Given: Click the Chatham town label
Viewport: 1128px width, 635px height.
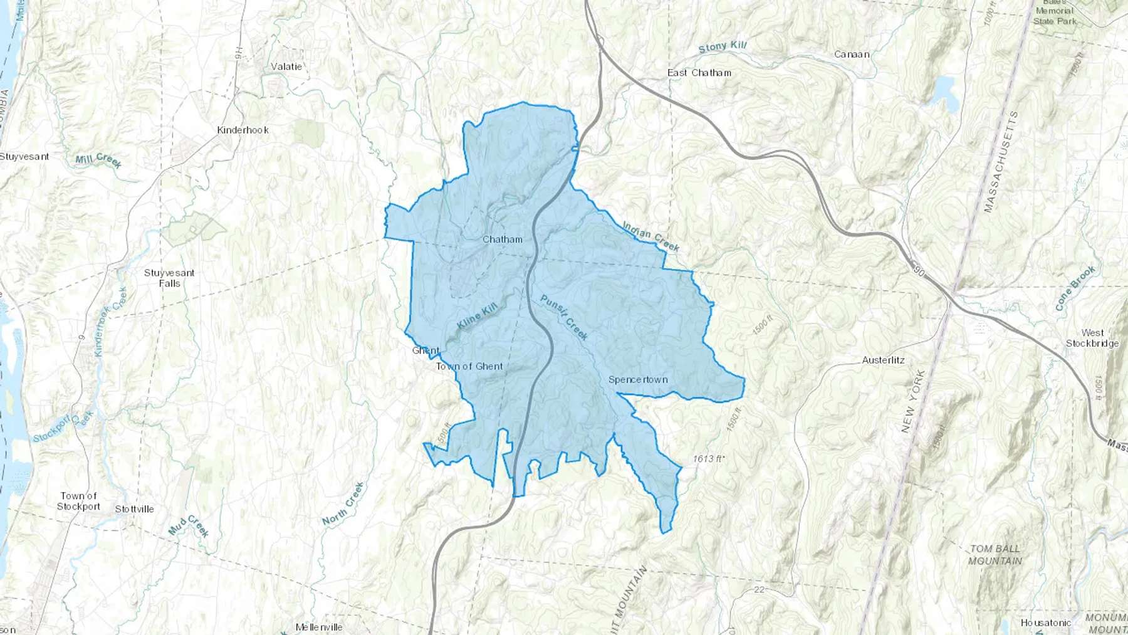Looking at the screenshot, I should (x=503, y=239).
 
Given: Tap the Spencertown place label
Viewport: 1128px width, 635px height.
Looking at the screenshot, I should (x=638, y=380).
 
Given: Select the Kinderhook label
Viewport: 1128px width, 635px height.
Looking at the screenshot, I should (x=243, y=130).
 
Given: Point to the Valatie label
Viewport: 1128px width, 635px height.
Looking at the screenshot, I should (x=286, y=66).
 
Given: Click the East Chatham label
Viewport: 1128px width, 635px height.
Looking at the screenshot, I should (x=699, y=73).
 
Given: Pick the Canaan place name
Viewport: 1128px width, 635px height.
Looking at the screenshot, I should (x=852, y=55).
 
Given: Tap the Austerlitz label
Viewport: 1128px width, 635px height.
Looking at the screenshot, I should (x=883, y=360).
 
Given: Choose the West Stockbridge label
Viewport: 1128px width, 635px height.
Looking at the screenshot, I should (x=1092, y=338).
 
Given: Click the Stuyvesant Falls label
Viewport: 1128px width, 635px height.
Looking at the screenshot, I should (x=169, y=278).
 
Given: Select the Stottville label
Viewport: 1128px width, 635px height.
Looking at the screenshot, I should (x=134, y=509).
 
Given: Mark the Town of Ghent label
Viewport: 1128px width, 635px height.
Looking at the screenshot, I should (x=469, y=367).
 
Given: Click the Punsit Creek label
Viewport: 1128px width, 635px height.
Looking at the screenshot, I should (x=564, y=317).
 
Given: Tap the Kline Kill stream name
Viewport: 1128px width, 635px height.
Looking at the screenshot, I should (x=477, y=315).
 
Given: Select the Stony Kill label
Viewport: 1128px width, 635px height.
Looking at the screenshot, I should (x=723, y=47).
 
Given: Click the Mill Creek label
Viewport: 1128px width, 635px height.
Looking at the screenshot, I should (x=98, y=160).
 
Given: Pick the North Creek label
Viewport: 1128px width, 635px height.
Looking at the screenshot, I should (x=343, y=503).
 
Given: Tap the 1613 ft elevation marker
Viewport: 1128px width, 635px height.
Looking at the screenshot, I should (x=708, y=459).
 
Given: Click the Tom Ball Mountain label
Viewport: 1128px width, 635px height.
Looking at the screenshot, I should (x=995, y=555).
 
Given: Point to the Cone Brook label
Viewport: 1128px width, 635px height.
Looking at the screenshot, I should (x=1075, y=288).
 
